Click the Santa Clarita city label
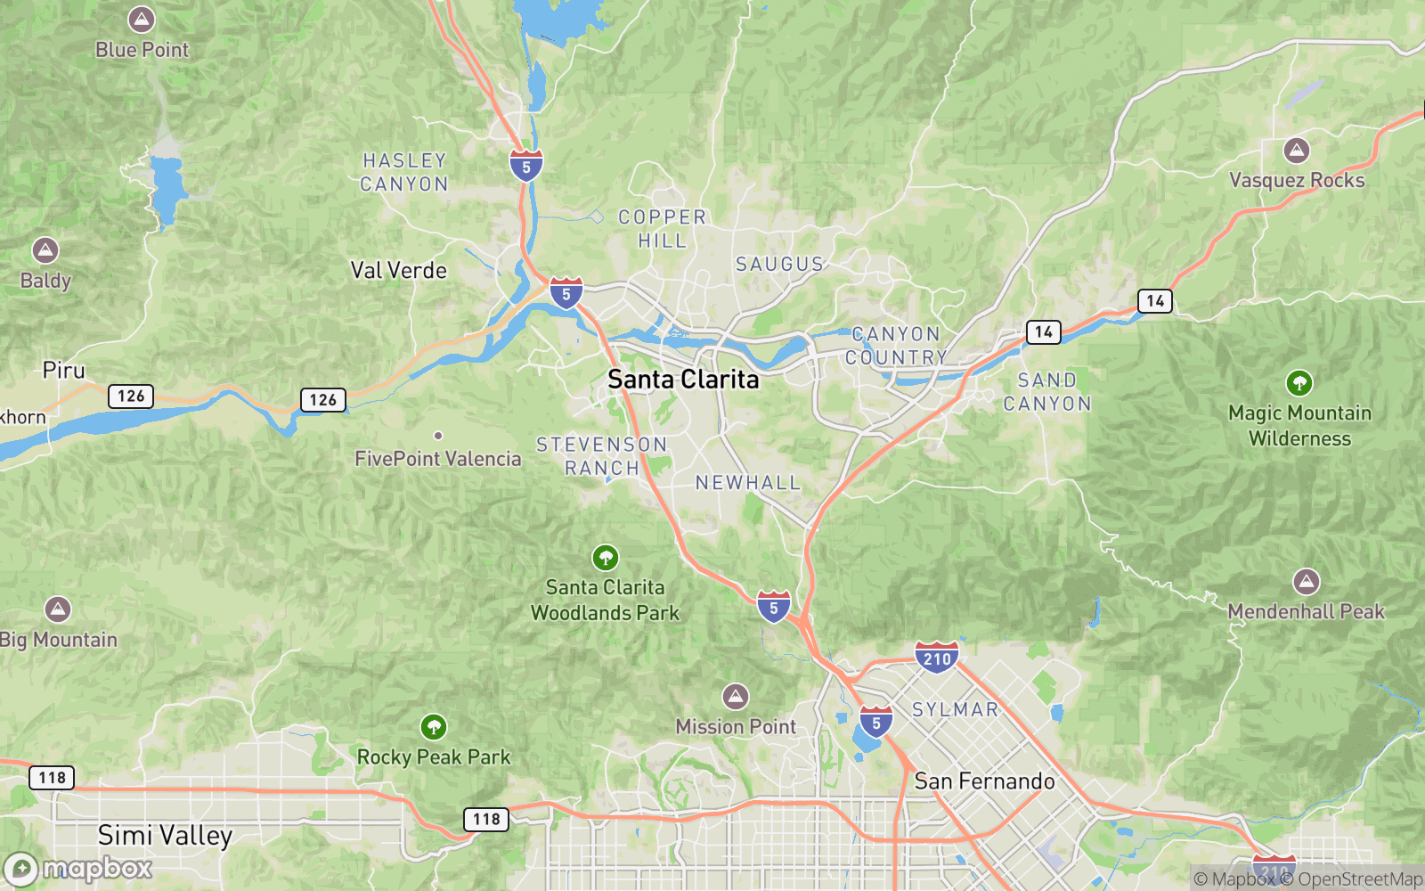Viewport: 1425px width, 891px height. (x=683, y=380)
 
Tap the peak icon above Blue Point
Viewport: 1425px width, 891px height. (x=142, y=19)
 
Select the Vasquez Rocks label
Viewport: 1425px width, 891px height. (x=1297, y=180)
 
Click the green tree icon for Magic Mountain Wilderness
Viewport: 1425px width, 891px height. (x=1299, y=383)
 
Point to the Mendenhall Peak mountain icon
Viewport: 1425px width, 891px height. (x=1307, y=582)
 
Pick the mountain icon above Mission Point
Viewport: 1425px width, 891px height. (x=735, y=696)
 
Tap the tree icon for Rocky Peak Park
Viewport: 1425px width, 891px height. (x=434, y=727)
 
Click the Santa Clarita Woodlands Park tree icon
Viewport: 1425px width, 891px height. (x=606, y=558)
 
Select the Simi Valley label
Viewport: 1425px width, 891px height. (x=165, y=836)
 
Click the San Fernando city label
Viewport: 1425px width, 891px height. (x=984, y=781)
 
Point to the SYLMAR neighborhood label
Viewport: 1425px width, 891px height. (x=955, y=710)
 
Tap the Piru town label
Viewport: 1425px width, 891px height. (x=64, y=371)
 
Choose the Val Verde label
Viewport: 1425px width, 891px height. (x=398, y=271)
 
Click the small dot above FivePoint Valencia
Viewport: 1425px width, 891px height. (x=438, y=436)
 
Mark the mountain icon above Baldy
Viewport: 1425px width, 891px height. (x=45, y=250)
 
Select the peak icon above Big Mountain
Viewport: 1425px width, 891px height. (x=58, y=609)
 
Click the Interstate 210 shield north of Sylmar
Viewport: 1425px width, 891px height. (x=936, y=658)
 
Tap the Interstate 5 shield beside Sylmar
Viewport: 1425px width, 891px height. (x=876, y=723)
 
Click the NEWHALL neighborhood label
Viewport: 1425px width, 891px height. (x=748, y=483)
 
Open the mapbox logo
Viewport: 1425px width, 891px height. (x=79, y=868)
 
